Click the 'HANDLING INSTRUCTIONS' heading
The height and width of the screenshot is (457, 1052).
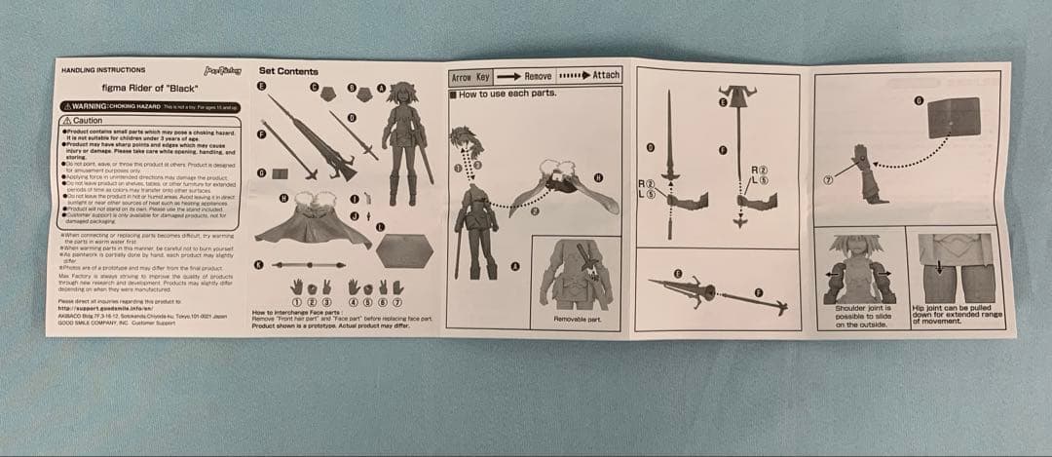[103, 71]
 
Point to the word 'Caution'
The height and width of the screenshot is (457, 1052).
[89, 120]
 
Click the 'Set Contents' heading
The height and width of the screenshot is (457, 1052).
[288, 71]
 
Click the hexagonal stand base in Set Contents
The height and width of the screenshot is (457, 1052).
[403, 250]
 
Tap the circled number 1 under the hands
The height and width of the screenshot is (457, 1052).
[297, 303]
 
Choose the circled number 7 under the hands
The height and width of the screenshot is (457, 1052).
[397, 303]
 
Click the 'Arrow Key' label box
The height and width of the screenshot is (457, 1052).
[471, 76]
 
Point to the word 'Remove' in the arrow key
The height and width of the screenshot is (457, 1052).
[538, 76]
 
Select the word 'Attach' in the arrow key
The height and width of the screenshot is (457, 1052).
[605, 75]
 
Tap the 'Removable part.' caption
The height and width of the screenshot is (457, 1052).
[576, 319]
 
